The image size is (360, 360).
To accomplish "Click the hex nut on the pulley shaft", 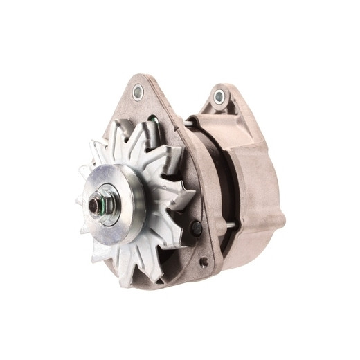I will (x=96, y=207).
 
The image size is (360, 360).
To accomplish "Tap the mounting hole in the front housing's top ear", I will (x=137, y=90).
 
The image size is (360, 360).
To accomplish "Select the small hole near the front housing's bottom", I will (x=204, y=262).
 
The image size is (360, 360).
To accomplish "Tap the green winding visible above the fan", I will (x=153, y=125).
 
